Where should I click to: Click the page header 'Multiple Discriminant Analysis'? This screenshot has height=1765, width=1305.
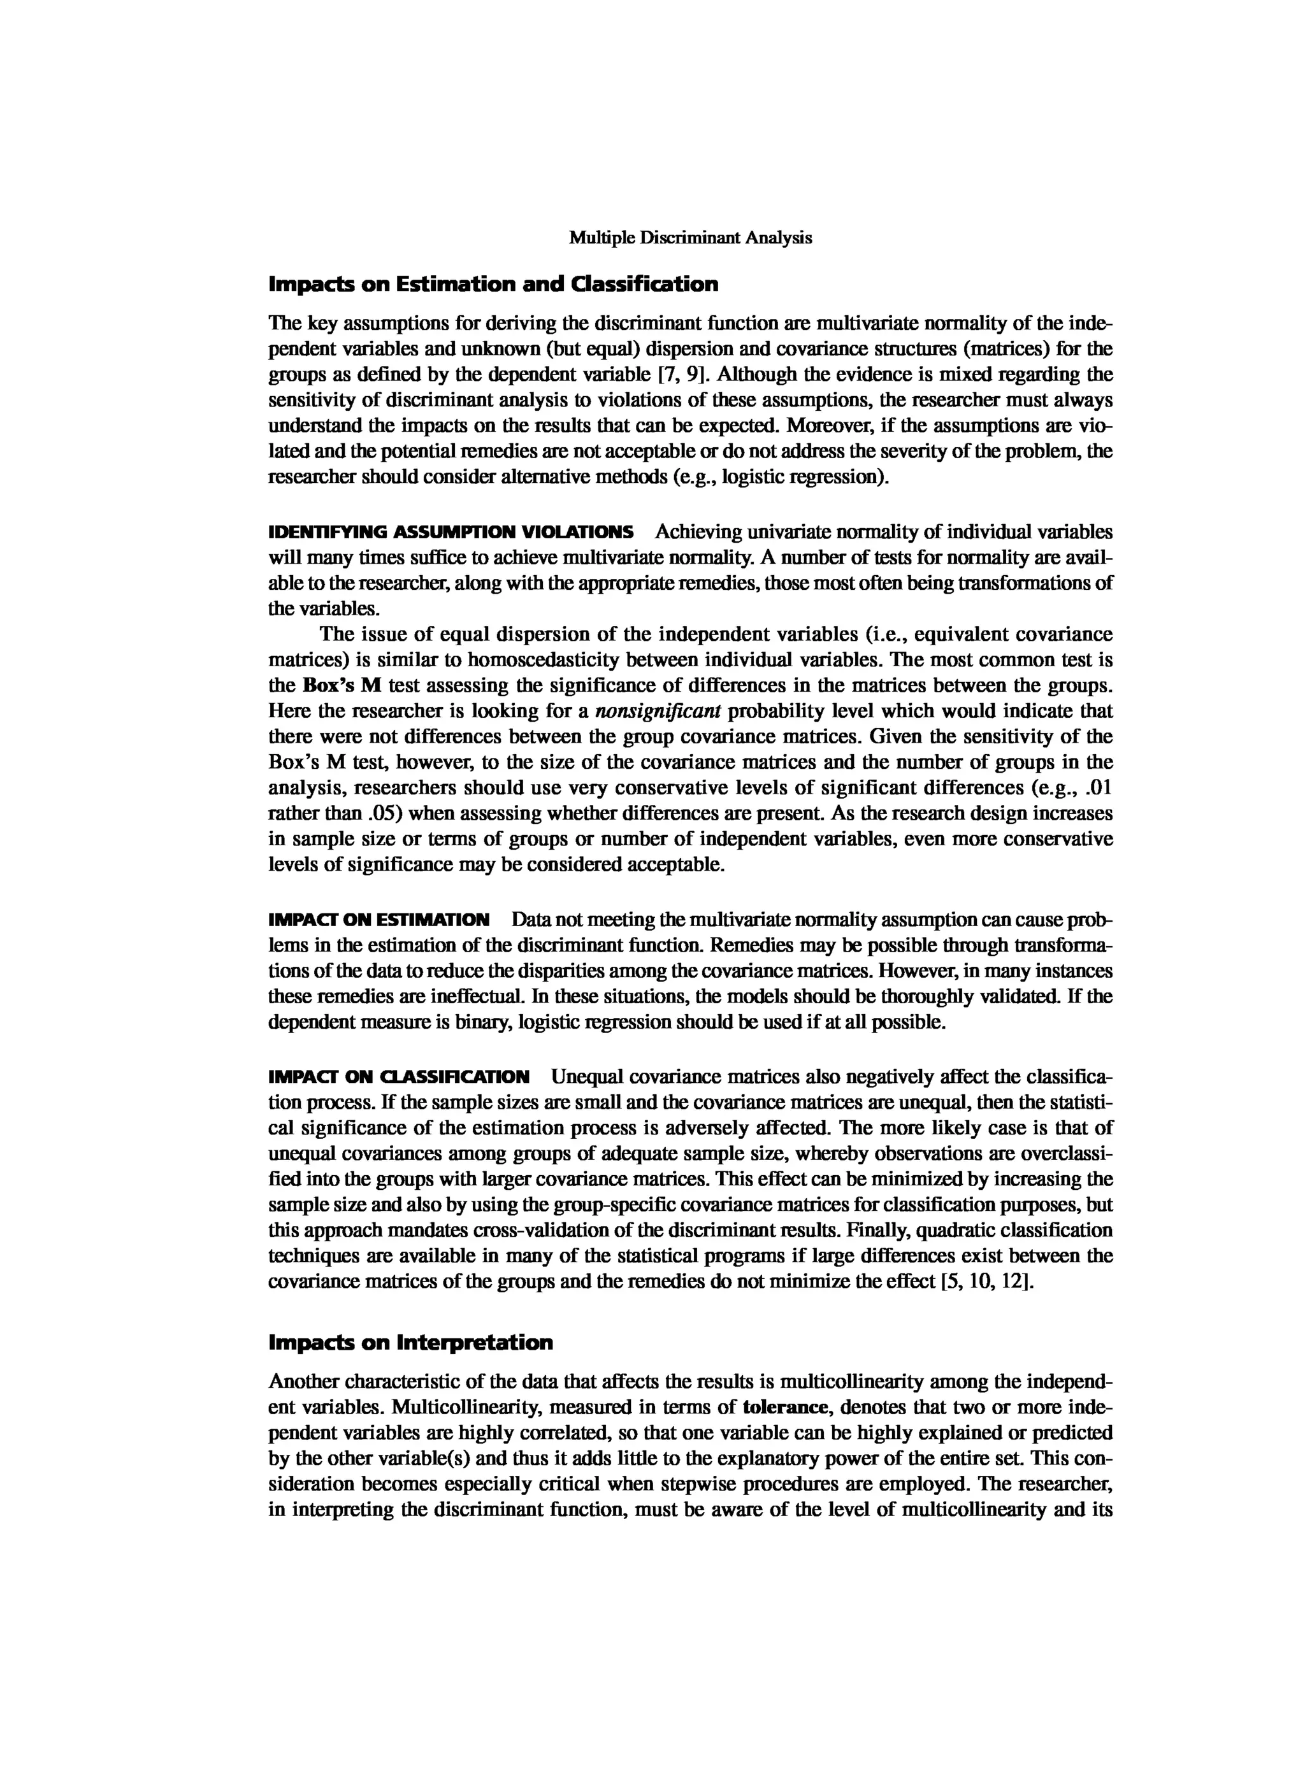[691, 238]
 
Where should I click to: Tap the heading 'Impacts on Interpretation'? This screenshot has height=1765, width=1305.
[411, 1343]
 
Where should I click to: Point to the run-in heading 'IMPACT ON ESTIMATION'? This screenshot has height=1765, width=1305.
[379, 920]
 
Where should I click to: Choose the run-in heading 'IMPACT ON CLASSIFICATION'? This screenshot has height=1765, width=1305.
[399, 1077]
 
